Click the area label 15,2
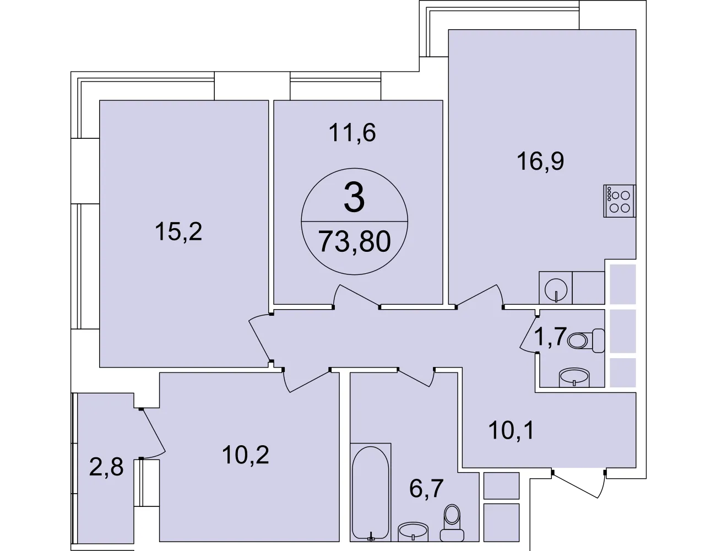[x=178, y=231]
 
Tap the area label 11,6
[x=352, y=132]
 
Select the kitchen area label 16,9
[x=540, y=161]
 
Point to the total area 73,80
[x=355, y=241]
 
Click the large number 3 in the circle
[x=354, y=198]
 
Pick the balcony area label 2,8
[x=106, y=467]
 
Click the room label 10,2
[x=246, y=455]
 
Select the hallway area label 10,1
[x=511, y=430]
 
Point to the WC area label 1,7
[x=550, y=337]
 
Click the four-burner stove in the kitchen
[x=620, y=201]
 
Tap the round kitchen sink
[x=556, y=289]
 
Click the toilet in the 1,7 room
[x=586, y=341]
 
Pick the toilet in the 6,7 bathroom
[x=452, y=523]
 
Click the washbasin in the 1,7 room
[x=574, y=377]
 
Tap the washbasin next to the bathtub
[x=413, y=532]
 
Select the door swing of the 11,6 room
[x=356, y=296]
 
